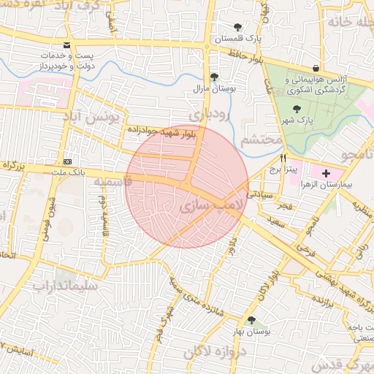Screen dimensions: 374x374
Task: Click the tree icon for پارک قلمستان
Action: pyautogui.click(x=237, y=27)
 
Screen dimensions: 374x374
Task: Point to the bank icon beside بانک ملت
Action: pyautogui.click(x=68, y=161)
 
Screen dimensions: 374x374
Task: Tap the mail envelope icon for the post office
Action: pyautogui.click(x=67, y=45)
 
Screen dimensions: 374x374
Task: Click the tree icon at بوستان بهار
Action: pyautogui.click(x=252, y=320)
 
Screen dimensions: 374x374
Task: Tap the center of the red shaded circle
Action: pyautogui.click(x=187, y=187)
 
